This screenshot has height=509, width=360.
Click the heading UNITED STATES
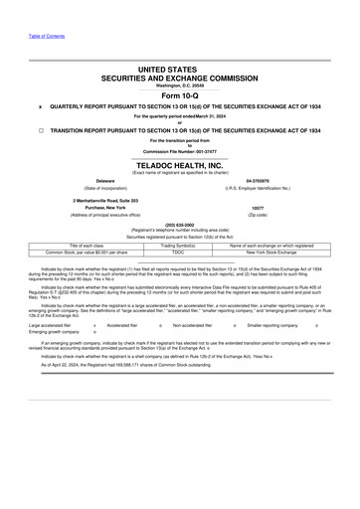179,70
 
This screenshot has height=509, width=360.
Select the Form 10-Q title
179,94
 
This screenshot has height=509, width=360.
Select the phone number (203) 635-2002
179,224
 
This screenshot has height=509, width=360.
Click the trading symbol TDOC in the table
179,252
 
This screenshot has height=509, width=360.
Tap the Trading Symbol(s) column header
179,245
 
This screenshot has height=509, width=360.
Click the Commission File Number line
179,151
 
